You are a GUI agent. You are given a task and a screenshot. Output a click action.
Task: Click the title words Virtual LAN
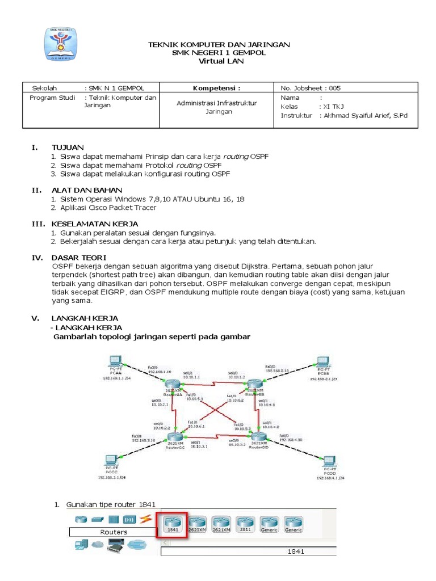coord(219,61)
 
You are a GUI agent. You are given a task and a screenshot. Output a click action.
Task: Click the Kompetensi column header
coord(217,88)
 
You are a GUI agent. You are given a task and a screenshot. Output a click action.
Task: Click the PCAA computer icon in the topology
coord(115,362)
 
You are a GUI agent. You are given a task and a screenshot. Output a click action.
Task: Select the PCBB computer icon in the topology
coord(323,362)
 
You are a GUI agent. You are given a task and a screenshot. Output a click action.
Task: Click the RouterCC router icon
coord(175,436)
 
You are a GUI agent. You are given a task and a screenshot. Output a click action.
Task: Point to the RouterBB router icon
coord(254,386)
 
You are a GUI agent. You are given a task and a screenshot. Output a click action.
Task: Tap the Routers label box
coord(114,532)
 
